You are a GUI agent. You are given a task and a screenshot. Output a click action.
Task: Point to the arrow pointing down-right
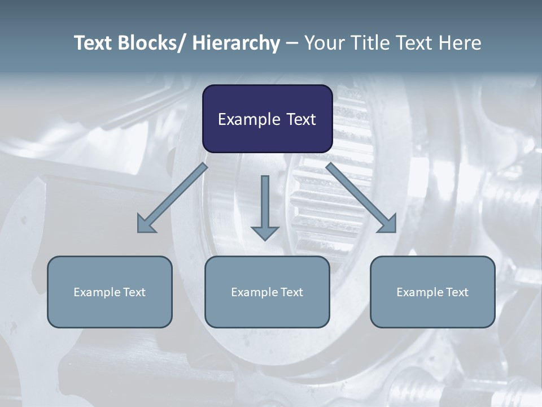(x=361, y=198)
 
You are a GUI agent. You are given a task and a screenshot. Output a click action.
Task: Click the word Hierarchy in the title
(x=236, y=43)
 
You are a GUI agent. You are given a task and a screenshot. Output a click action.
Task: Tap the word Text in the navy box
(x=301, y=119)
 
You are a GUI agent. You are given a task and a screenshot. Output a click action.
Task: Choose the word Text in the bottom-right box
(x=457, y=292)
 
